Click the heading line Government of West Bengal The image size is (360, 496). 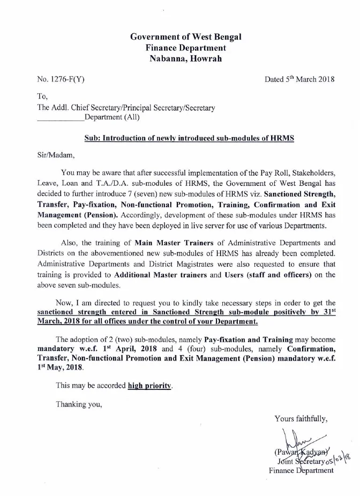pyautogui.click(x=186, y=37)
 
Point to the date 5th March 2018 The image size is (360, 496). pyautogui.click(x=299, y=79)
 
